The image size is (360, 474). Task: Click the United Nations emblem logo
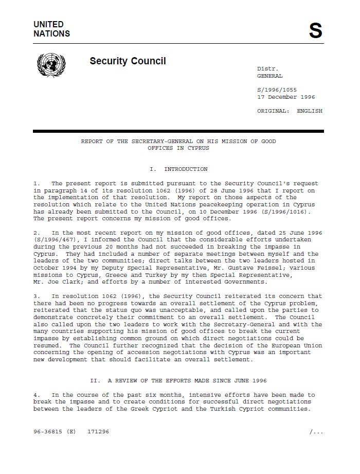(x=51, y=66)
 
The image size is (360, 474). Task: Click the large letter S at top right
(x=315, y=31)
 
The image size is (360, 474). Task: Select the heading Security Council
(x=128, y=61)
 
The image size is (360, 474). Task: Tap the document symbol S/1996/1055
(x=277, y=90)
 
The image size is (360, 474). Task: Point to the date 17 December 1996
(x=286, y=97)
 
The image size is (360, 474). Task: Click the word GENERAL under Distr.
(x=269, y=76)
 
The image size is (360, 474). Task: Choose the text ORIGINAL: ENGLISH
(x=290, y=111)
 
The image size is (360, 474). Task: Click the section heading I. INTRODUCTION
(x=178, y=169)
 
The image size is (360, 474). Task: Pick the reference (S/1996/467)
(x=53, y=240)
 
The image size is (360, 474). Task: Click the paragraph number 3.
(x=36, y=296)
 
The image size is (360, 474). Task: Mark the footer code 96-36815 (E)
(x=55, y=432)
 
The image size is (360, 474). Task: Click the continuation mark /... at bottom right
(x=316, y=432)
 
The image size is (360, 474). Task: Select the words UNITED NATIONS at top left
(x=51, y=29)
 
